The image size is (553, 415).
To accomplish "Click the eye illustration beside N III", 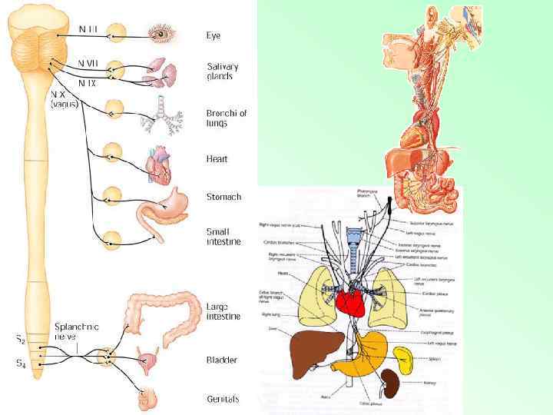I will point(163,34).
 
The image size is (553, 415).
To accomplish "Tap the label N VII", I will point(87,61).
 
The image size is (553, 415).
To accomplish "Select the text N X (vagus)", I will point(64,99).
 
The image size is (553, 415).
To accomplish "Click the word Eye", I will point(214,35).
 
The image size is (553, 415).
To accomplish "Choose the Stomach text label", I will point(224,197).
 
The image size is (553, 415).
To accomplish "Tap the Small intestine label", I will point(223,236).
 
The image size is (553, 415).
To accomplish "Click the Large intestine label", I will point(223,310).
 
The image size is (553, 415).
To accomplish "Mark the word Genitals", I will point(223,399).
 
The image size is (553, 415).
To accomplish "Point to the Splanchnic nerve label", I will point(76,331).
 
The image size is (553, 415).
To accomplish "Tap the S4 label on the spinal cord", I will point(21,365).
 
